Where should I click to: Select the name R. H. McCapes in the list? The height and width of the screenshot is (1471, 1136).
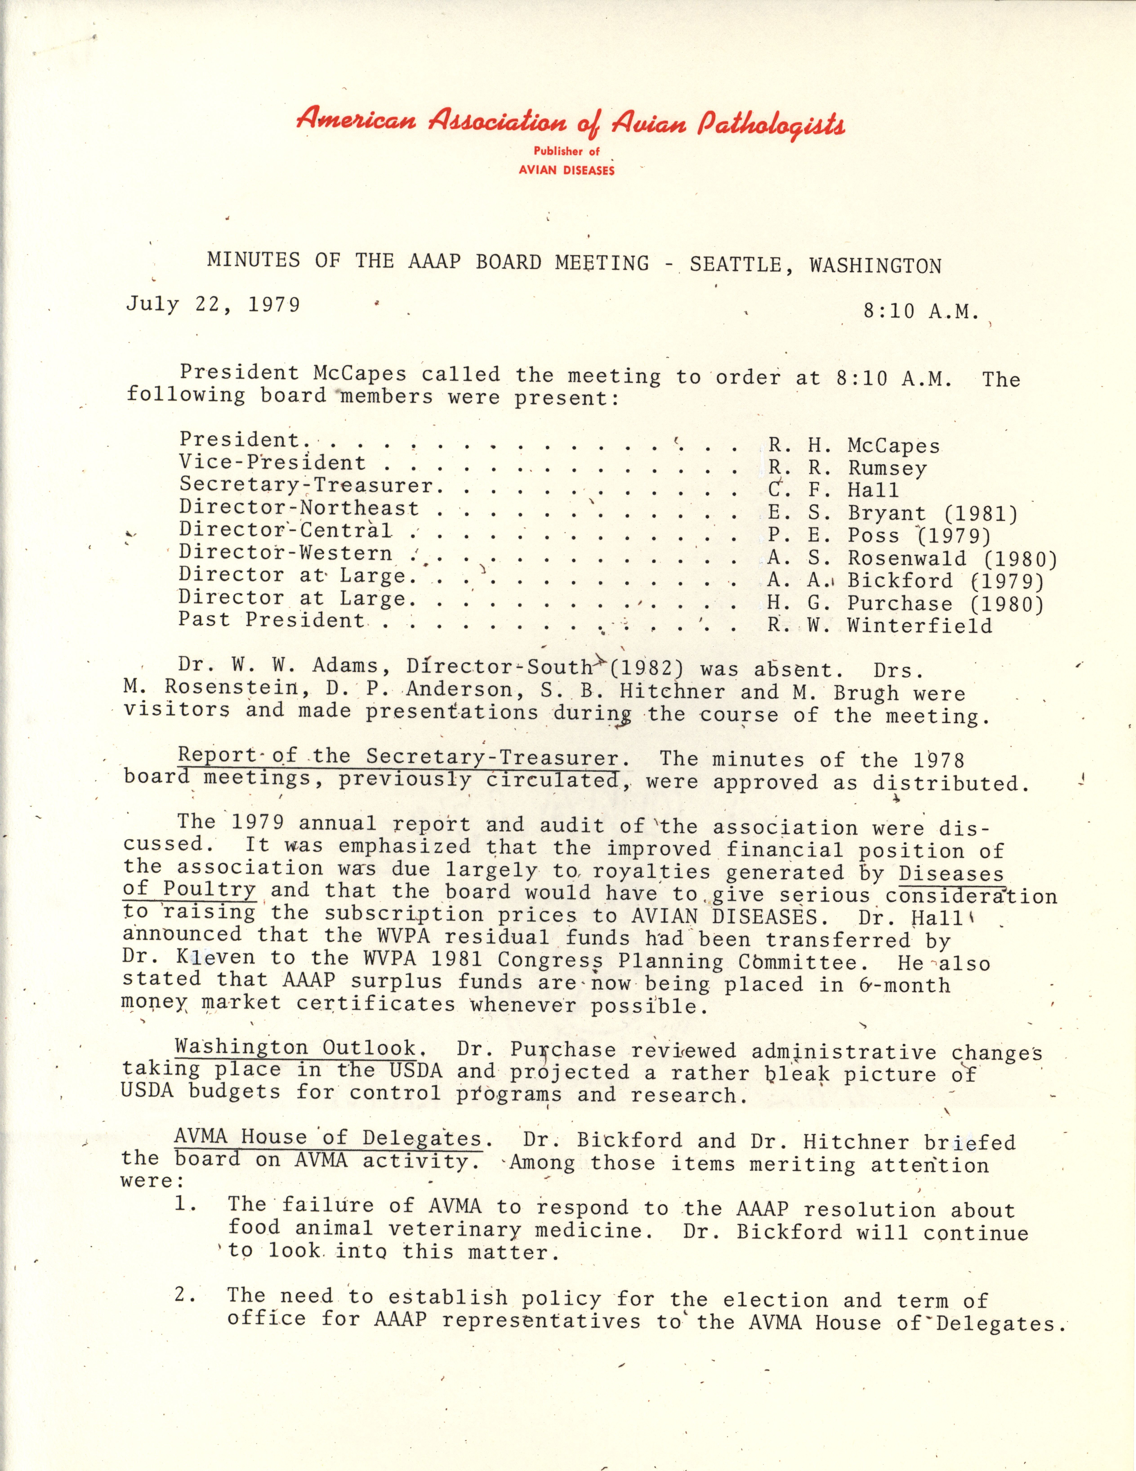tap(853, 446)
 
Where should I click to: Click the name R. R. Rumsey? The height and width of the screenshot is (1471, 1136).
tap(847, 468)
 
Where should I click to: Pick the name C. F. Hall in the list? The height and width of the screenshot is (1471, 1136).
tap(833, 490)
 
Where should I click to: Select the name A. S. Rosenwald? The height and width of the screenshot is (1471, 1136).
tap(867, 558)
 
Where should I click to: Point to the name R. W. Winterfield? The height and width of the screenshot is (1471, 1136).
tap(879, 626)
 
